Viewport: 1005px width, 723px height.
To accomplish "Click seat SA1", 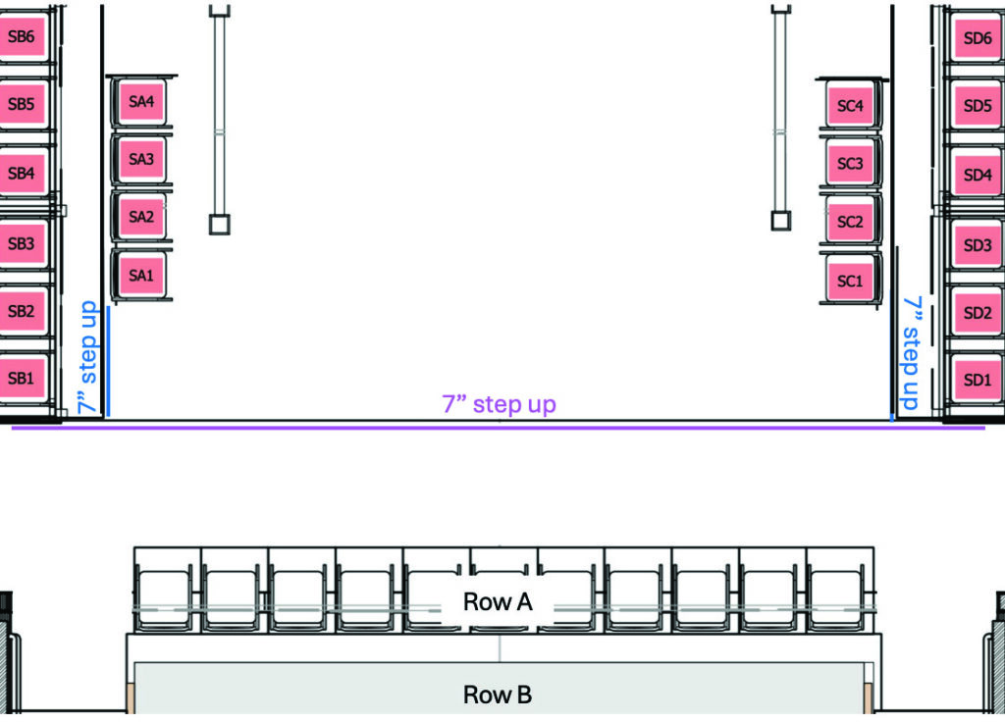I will (141, 276).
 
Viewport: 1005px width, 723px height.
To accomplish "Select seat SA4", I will (141, 101).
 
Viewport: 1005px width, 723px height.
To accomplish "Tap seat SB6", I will (21, 38).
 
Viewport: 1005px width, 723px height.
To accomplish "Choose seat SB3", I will (21, 244).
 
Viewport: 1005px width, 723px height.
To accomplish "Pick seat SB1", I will (21, 378).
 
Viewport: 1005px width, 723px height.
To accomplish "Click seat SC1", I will (850, 281).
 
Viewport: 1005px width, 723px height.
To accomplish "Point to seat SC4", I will (850, 106).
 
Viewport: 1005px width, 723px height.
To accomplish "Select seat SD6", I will (978, 38).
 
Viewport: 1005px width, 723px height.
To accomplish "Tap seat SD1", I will (978, 379).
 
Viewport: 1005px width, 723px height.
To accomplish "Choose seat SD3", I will (978, 245).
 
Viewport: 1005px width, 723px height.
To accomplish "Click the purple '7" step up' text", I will (499, 404).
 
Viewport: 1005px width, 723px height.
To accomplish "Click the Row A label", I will (498, 602).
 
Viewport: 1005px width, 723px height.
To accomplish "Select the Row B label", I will (498, 696).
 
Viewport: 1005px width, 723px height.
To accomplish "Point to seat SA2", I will (141, 217).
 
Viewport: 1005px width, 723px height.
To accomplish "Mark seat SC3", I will (850, 164).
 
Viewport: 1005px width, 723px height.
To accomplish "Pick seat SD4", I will (978, 175).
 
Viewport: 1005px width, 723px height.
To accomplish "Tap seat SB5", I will (21, 104).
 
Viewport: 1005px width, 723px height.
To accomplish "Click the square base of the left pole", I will (220, 225).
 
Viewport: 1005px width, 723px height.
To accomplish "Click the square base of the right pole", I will (781, 220).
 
